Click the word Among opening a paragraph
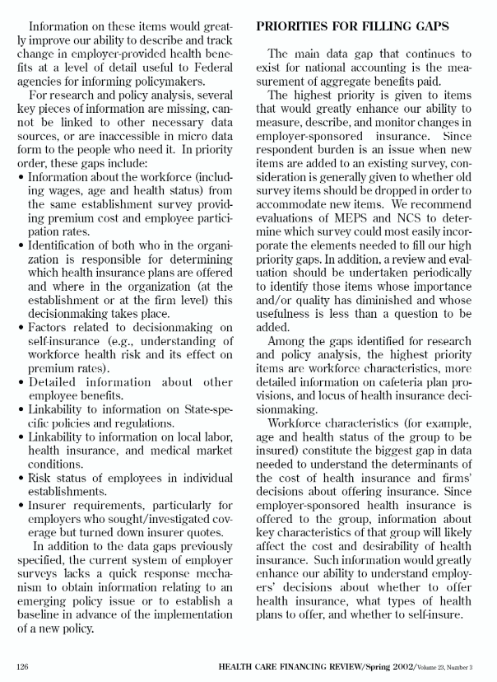(286, 340)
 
